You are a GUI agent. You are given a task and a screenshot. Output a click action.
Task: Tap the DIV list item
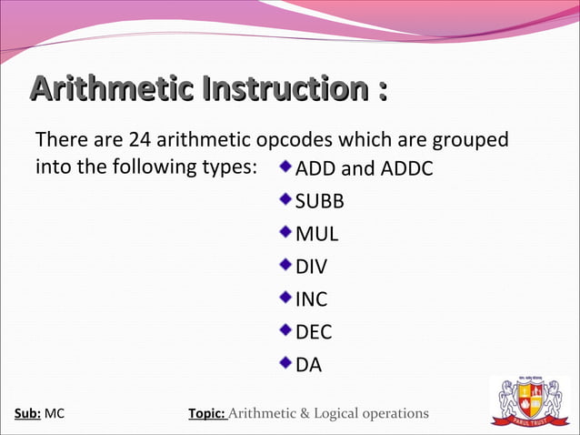[x=312, y=267]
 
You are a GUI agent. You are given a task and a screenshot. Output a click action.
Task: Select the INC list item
[x=312, y=299]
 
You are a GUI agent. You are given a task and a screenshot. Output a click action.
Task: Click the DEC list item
[x=314, y=332]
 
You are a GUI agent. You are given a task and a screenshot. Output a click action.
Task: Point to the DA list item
[x=308, y=365]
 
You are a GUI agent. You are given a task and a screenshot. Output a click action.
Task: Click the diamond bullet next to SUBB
[x=286, y=199]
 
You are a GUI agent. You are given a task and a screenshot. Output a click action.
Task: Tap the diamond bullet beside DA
[x=286, y=363]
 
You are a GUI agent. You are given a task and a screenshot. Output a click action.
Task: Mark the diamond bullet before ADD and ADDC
[x=286, y=167]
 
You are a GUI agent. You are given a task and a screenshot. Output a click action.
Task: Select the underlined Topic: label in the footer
[x=206, y=414]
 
